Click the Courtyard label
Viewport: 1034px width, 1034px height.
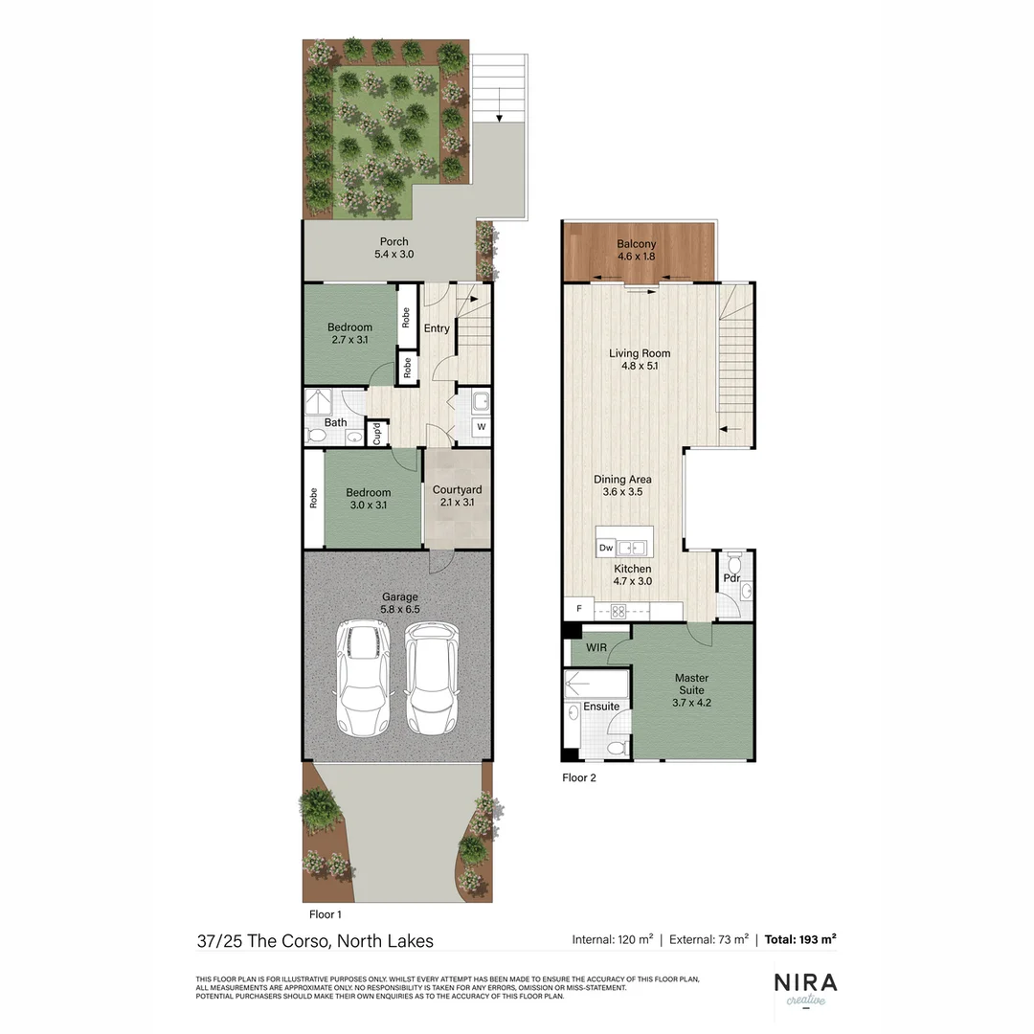tap(458, 496)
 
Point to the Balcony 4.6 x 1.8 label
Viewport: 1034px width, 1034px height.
tap(636, 251)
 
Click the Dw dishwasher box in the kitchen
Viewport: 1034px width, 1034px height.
tap(606, 548)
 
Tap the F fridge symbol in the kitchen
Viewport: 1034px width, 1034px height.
tap(577, 610)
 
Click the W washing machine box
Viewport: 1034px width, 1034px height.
tap(482, 427)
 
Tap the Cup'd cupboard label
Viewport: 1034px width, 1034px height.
tap(376, 434)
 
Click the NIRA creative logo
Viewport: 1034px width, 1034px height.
tap(804, 988)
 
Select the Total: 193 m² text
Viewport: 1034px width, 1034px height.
tap(800, 939)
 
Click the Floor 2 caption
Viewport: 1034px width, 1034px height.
tap(579, 778)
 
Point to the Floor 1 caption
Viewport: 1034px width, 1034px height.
tap(326, 914)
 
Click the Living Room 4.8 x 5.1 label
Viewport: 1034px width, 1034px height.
tap(640, 359)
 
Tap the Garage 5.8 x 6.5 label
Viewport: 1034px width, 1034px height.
tap(399, 602)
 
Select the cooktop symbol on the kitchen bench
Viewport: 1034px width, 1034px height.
tap(618, 610)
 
